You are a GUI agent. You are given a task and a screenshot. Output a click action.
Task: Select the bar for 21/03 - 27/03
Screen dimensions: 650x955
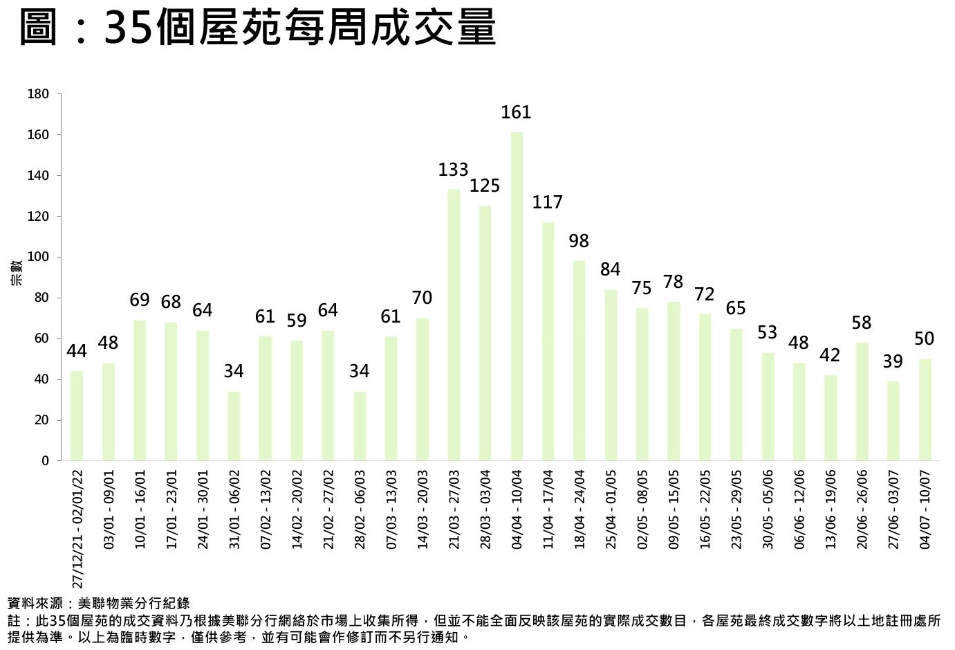pyautogui.click(x=454, y=325)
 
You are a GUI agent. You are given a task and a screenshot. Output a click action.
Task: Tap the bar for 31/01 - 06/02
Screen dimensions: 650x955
pyautogui.click(x=234, y=426)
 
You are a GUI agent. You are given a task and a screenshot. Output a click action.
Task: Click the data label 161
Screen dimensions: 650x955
pyautogui.click(x=516, y=112)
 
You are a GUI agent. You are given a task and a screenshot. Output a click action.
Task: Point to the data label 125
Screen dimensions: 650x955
pyautogui.click(x=485, y=186)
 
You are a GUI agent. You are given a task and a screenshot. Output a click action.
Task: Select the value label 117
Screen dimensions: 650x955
pyautogui.click(x=548, y=202)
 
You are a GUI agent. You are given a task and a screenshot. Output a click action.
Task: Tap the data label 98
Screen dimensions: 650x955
pyautogui.click(x=579, y=241)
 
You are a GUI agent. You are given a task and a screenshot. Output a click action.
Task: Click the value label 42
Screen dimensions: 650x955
pyautogui.click(x=830, y=355)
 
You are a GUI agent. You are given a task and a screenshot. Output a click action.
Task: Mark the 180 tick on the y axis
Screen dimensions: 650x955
pyautogui.click(x=39, y=94)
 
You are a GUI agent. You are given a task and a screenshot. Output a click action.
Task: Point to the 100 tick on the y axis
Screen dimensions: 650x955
pyautogui.click(x=39, y=258)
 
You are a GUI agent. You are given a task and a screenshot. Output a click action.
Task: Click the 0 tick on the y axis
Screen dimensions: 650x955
pyautogui.click(x=46, y=461)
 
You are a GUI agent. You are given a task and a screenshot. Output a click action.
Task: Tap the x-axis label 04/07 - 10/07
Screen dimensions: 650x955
pyautogui.click(x=925, y=510)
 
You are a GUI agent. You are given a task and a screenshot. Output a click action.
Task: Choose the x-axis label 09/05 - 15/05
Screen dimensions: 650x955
pyautogui.click(x=674, y=510)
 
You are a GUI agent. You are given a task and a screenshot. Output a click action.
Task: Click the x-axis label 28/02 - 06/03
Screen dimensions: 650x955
pyautogui.click(x=360, y=510)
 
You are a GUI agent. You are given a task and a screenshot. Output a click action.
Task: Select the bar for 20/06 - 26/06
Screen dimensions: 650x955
pyautogui.click(x=862, y=401)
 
